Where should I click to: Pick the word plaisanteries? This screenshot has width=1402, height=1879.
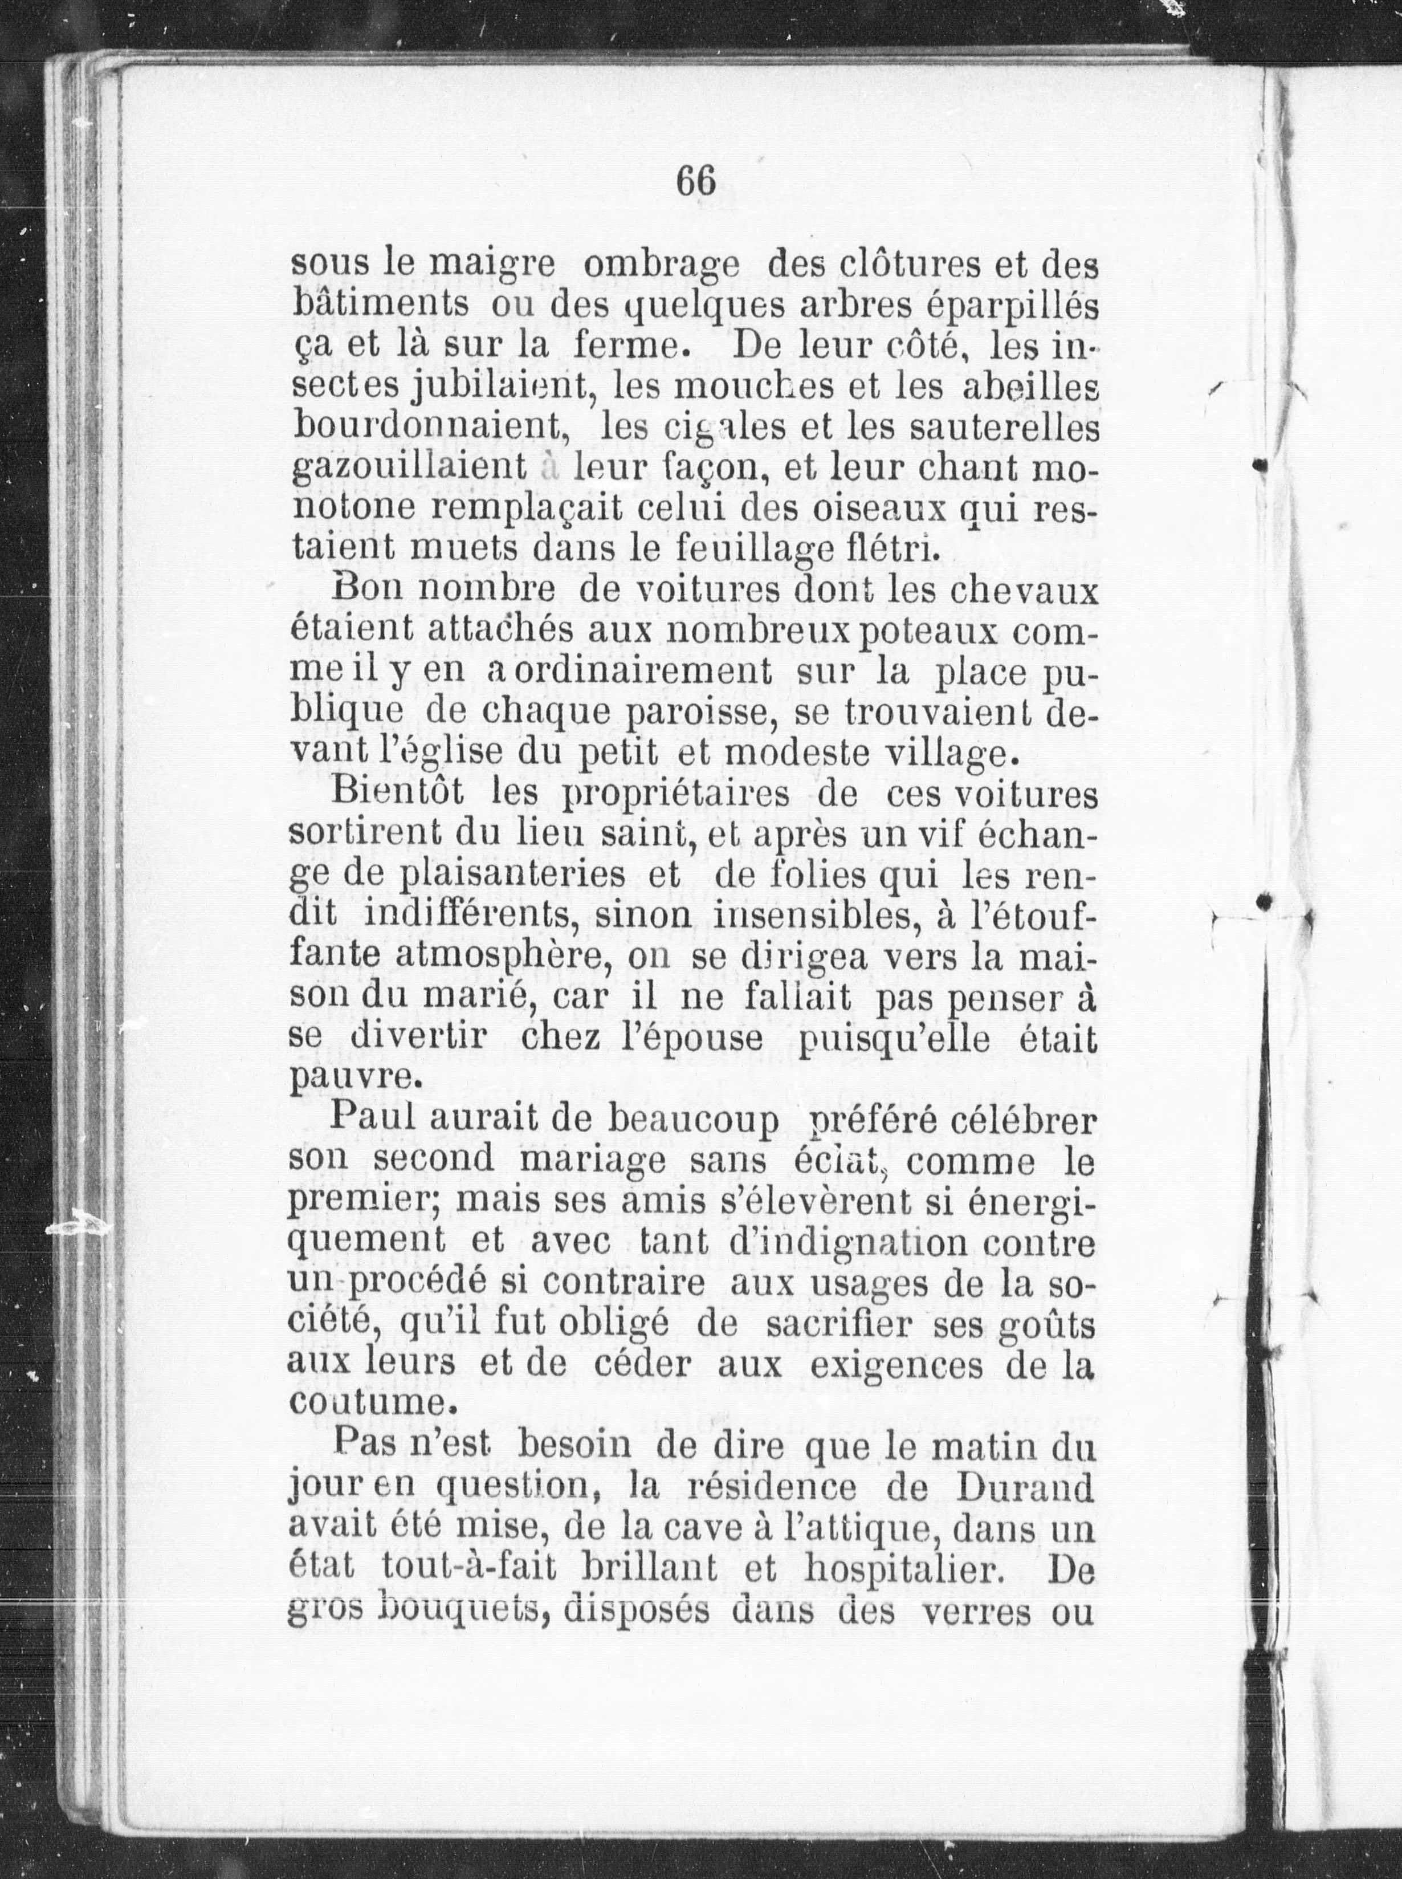tap(502, 875)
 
